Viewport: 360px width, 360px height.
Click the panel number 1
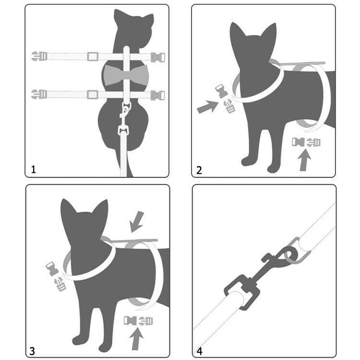pos(34,169)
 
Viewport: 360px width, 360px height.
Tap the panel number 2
pos(199,170)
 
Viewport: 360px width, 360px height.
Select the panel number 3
pos(32,351)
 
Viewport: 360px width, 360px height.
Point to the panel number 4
pos(200,351)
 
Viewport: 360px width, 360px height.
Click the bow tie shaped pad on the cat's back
pos(126,75)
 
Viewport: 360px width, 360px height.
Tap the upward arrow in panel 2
pos(304,160)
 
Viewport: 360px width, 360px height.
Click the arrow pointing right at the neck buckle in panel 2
pos(207,107)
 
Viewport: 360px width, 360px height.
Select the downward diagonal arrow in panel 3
pos(137,222)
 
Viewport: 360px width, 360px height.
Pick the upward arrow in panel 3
pos(136,339)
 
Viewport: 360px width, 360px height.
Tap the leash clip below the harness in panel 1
pos(124,120)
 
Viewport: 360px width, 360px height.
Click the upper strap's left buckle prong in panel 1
pos(39,56)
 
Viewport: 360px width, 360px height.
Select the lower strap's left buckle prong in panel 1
pos(39,94)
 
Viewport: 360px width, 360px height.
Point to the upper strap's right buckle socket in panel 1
pos(158,57)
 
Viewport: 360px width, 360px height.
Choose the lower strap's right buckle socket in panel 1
pos(158,96)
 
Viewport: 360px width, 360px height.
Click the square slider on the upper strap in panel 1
pos(93,57)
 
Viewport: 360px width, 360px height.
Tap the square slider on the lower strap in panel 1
pos(93,95)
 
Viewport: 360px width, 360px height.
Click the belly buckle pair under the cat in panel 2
pos(306,142)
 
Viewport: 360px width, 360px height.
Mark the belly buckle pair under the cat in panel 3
pos(138,321)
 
